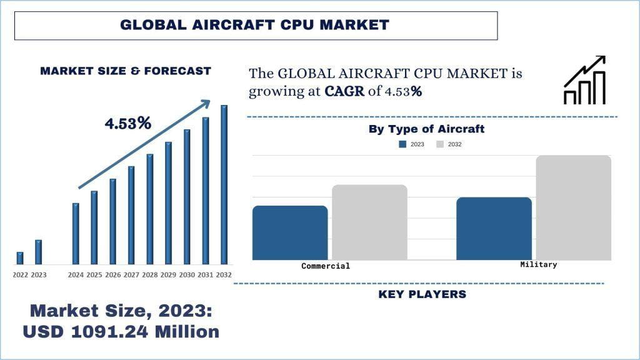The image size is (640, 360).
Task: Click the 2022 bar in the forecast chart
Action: [x=20, y=257]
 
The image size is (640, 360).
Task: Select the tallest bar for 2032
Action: [x=224, y=184]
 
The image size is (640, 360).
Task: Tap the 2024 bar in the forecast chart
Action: [x=76, y=233]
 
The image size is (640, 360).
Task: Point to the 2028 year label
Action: [x=150, y=275]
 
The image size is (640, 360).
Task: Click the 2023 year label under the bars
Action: [x=39, y=275]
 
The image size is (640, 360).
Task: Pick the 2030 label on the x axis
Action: [x=187, y=275]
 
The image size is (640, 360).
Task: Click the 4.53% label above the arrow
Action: [x=128, y=124]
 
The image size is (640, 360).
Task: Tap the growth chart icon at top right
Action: [x=585, y=81]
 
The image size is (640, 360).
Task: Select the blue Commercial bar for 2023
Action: [x=290, y=232]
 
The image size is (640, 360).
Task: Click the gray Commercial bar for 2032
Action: [x=369, y=222]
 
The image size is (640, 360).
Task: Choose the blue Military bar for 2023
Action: [x=494, y=228]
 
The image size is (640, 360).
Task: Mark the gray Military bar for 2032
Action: [x=573, y=207]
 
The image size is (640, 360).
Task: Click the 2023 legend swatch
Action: [x=403, y=144]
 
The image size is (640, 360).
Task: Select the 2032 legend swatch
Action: [x=440, y=144]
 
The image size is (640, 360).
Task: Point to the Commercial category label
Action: [x=326, y=266]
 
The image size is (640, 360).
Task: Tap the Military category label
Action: [x=538, y=265]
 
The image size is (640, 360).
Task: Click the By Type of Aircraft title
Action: [x=426, y=129]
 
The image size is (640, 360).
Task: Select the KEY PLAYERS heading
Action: [x=422, y=294]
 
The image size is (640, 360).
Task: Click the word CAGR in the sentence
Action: [x=344, y=91]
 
